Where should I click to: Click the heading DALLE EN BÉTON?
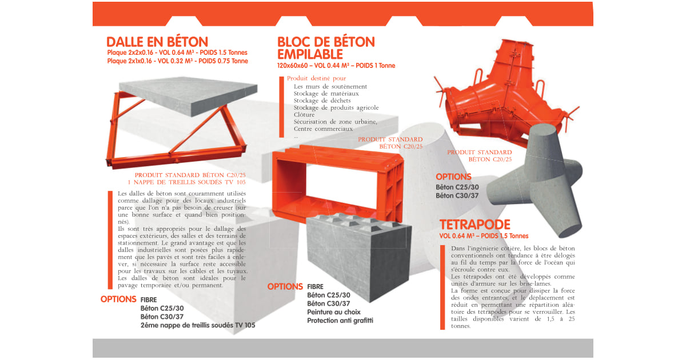(157, 42)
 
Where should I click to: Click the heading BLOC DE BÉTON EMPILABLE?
(326, 48)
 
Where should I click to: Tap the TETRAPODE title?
(474, 225)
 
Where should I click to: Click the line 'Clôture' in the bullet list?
(304, 115)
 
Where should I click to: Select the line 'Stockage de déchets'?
(322, 101)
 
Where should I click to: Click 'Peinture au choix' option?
(334, 312)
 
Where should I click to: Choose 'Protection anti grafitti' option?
(340, 321)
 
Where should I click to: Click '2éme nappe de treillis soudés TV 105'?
(198, 325)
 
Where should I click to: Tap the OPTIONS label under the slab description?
(118, 299)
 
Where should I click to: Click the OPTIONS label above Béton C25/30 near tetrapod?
(453, 177)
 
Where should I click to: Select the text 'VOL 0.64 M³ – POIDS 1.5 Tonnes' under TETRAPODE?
(484, 236)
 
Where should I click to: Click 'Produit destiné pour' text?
(316, 78)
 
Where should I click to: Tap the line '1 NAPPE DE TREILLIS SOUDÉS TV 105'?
(186, 182)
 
